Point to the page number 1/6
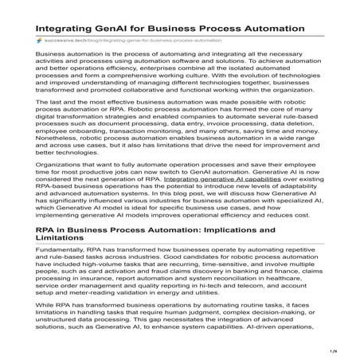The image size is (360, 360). [x=346, y=350]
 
